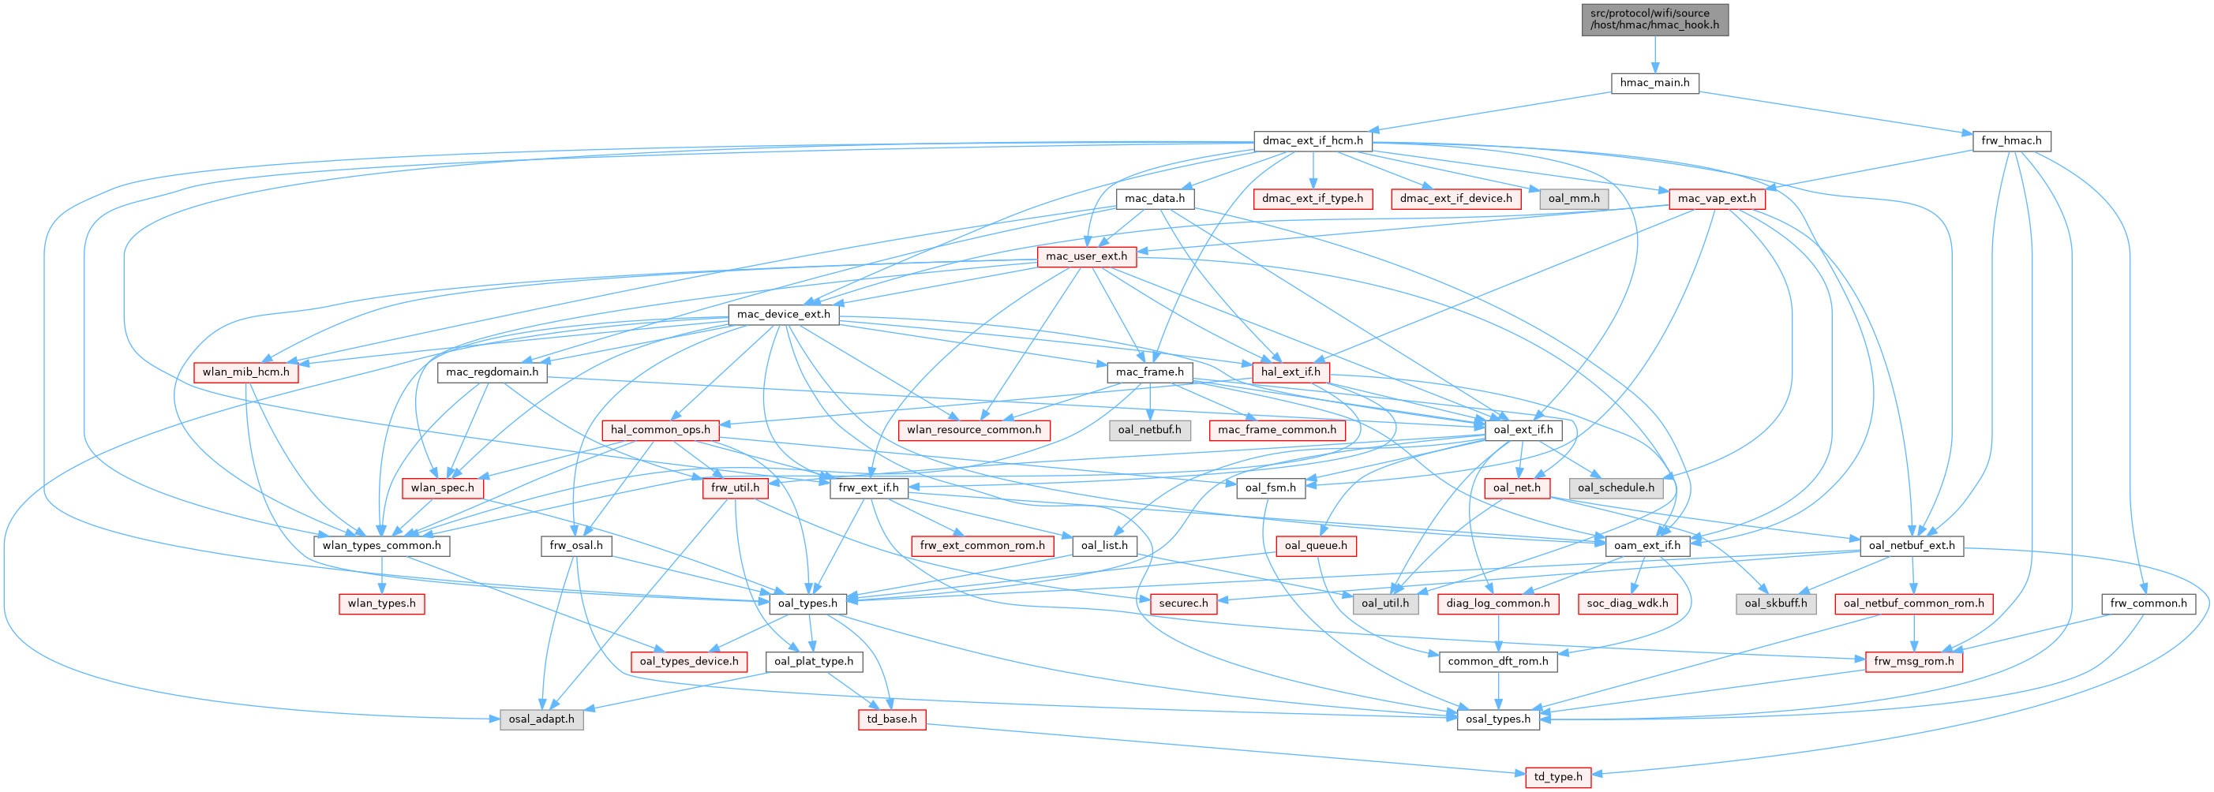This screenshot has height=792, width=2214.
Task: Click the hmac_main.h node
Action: point(1654,84)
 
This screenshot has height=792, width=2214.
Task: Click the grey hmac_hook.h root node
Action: point(1654,19)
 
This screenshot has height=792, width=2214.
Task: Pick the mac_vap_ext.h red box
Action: point(1717,199)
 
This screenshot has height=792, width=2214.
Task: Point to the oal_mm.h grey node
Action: point(1573,199)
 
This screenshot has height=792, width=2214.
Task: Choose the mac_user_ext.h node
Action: point(1085,256)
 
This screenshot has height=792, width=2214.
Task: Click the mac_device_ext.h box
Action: point(783,315)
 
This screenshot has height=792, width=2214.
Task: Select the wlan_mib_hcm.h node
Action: point(245,372)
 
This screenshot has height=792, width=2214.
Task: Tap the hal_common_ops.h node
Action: point(660,429)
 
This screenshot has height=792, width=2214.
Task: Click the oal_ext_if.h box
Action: point(1523,429)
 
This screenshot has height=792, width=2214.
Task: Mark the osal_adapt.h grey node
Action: point(541,719)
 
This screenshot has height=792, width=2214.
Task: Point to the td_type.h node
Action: point(1557,776)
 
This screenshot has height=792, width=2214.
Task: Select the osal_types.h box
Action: point(1497,719)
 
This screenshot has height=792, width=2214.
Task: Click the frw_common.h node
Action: point(2147,603)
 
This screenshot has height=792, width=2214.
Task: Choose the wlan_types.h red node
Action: point(380,603)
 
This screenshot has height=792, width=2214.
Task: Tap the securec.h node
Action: point(1182,603)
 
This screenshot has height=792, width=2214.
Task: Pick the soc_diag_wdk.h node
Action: point(1626,603)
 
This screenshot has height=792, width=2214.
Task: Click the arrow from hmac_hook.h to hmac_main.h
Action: point(1654,55)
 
